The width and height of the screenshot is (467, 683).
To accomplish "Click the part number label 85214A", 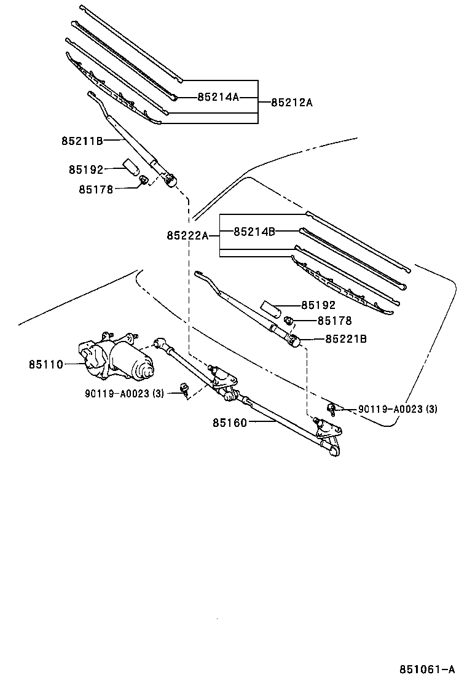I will (218, 97).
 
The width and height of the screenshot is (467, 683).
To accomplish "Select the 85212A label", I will (292, 103).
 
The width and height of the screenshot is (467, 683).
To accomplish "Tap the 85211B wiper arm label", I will (82, 141).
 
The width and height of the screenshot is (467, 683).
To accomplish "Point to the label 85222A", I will (187, 235).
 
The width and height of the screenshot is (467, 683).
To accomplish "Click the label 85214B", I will (254, 232).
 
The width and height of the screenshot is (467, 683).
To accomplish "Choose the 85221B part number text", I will (345, 338).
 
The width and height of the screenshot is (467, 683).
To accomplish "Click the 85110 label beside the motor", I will (46, 364).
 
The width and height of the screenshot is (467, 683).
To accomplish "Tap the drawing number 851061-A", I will (428, 669).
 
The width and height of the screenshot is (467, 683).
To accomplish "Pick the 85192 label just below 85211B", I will (86, 170).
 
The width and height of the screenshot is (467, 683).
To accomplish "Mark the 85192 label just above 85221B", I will (318, 305).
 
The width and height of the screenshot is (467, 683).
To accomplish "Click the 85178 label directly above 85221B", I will (334, 321).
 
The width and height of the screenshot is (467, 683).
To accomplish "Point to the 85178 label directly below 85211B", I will (95, 189).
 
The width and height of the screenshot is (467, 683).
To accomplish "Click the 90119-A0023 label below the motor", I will (124, 394).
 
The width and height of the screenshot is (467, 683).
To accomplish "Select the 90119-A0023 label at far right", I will (398, 408).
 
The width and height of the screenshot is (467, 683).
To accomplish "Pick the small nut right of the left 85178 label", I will (143, 181).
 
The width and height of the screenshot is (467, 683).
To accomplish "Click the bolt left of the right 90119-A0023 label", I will (331, 408).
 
